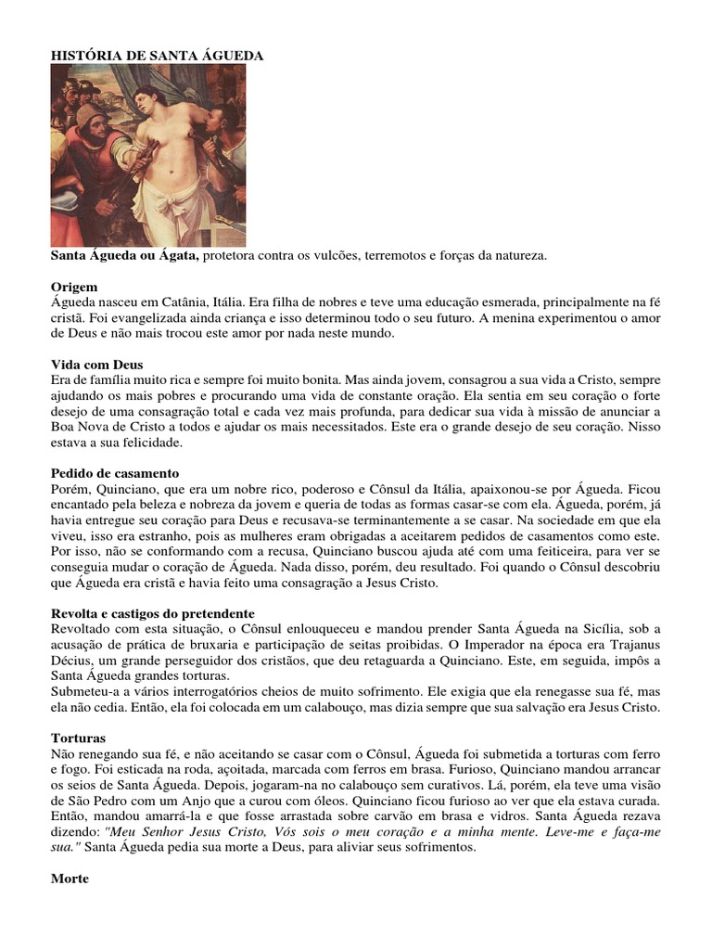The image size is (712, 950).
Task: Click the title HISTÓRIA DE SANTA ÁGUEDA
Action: [157, 56]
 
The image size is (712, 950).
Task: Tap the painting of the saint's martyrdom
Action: [148, 155]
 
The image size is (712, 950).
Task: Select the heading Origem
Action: [74, 287]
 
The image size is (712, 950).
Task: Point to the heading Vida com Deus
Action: [96, 365]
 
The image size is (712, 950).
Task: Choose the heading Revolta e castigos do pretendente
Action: [152, 613]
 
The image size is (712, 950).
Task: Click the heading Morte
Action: [70, 879]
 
